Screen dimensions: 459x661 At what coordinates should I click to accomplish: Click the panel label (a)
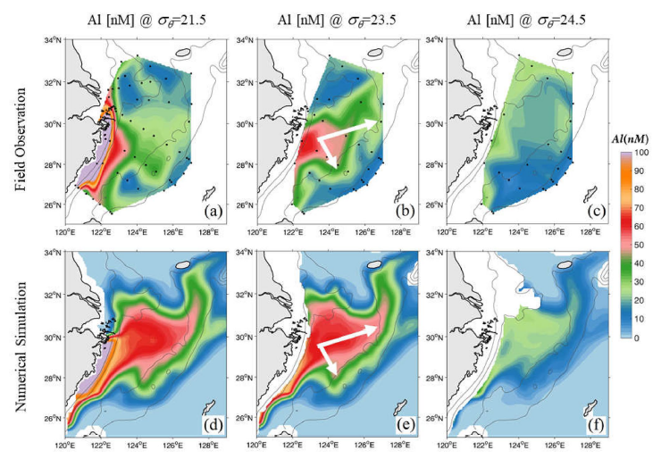212,212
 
